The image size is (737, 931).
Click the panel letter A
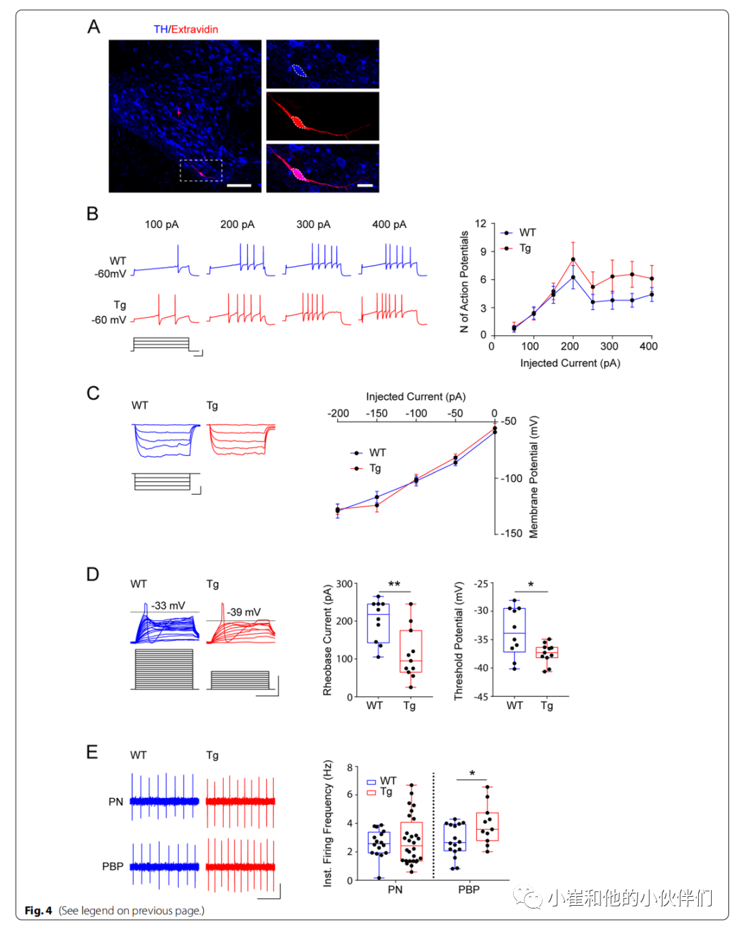pyautogui.click(x=93, y=27)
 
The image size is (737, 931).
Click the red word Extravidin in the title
pyautogui.click(x=194, y=29)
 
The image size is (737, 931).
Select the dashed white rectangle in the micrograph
pyautogui.click(x=201, y=170)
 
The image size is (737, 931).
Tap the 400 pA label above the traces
pyautogui.click(x=389, y=225)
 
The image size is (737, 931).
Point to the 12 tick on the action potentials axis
pyautogui.click(x=480, y=224)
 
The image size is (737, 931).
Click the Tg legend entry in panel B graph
pyautogui.click(x=524, y=248)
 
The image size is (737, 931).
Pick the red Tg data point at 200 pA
pyautogui.click(x=573, y=259)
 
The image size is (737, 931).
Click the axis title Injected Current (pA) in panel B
pyautogui.click(x=570, y=363)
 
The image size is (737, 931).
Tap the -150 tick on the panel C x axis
pyautogui.click(x=377, y=413)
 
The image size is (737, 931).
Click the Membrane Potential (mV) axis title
pyautogui.click(x=534, y=476)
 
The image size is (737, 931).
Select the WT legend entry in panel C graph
pyautogui.click(x=377, y=453)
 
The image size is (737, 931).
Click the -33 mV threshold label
pyautogui.click(x=169, y=605)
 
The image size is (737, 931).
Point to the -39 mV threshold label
pyautogui.click(x=244, y=612)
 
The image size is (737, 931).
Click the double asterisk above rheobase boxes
pyautogui.click(x=394, y=584)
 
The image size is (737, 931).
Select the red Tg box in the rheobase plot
pyautogui.click(x=411, y=651)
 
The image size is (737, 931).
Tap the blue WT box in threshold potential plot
pyautogui.click(x=514, y=630)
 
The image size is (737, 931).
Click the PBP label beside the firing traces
pyautogui.click(x=113, y=866)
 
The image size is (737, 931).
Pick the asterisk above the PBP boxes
pyautogui.click(x=472, y=774)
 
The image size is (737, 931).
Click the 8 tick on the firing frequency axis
pyautogui.click(x=349, y=768)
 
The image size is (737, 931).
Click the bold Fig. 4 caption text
pyautogui.click(x=38, y=911)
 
